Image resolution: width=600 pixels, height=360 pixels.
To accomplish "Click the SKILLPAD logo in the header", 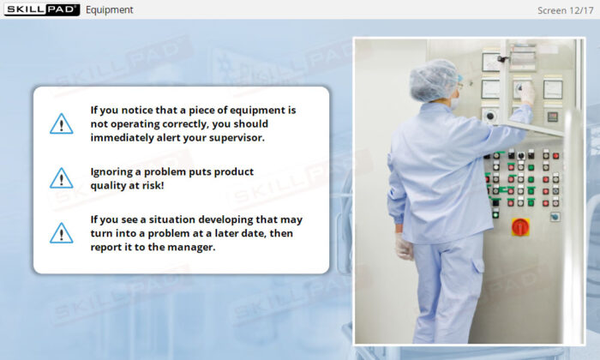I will [40, 9].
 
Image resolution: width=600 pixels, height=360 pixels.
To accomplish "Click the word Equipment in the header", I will [110, 10].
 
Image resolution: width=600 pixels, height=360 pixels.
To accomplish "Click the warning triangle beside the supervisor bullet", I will [62, 123].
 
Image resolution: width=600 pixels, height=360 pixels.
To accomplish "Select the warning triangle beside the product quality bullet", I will [62, 178].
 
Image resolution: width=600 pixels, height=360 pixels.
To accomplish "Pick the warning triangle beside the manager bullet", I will [62, 232].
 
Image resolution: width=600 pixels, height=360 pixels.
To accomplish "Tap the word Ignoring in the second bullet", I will [114, 171].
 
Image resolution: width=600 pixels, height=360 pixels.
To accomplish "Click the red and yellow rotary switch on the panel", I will [520, 226].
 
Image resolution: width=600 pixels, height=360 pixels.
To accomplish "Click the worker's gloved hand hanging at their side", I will [404, 247].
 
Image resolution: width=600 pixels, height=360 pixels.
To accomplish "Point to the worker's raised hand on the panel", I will [526, 93].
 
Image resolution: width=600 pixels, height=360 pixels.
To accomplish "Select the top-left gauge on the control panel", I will [491, 62].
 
